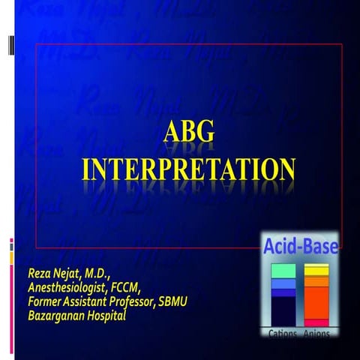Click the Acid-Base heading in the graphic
point(299,245)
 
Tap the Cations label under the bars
point(281,332)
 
